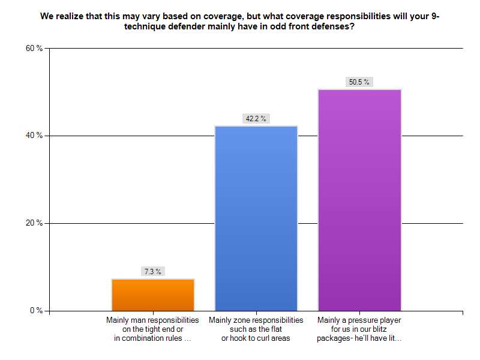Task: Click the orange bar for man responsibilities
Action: tap(153, 295)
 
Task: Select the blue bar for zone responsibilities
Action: tap(256, 218)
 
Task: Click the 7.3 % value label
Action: tap(152, 271)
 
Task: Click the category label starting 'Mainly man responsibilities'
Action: tap(152, 329)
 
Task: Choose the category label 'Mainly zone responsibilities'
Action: tap(256, 329)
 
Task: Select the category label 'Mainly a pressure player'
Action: tap(359, 329)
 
